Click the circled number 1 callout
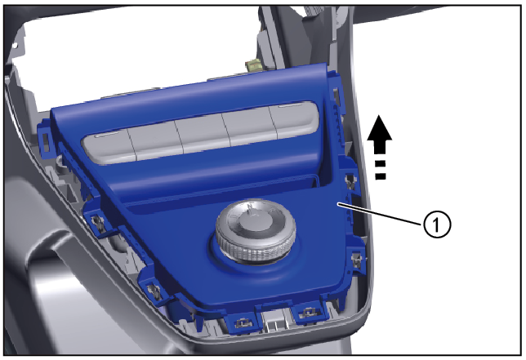[437, 224]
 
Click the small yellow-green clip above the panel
[253, 64]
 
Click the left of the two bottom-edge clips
[242, 322]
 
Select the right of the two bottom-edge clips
[308, 313]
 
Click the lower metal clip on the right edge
[356, 260]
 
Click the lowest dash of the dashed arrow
[381, 176]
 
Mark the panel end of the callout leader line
[338, 203]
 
